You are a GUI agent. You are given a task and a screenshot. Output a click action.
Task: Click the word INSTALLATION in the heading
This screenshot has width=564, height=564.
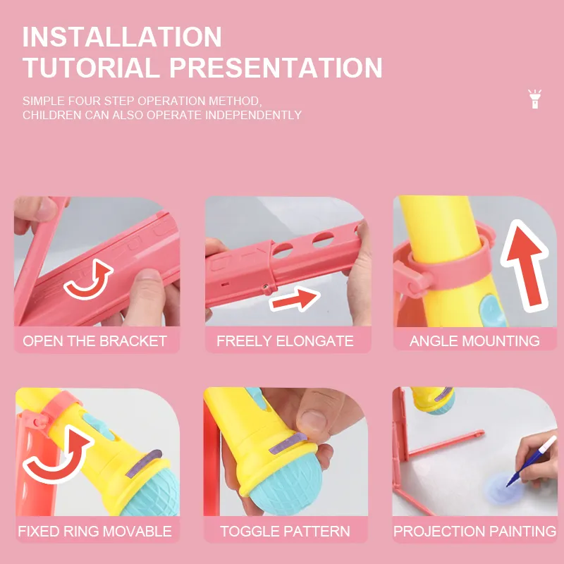coord(122,37)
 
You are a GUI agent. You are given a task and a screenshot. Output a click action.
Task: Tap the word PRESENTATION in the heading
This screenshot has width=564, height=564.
coord(276,68)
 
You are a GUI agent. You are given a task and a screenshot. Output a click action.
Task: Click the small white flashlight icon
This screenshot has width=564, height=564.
coord(534,99)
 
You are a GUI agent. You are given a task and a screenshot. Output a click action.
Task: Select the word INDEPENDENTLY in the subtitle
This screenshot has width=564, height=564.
coord(253,115)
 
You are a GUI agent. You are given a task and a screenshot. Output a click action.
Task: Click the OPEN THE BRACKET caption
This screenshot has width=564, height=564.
coord(95,341)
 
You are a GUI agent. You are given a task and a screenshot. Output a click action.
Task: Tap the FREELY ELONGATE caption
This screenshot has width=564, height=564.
coord(285,341)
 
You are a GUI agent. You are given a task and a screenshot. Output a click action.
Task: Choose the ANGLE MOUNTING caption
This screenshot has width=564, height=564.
coord(474,341)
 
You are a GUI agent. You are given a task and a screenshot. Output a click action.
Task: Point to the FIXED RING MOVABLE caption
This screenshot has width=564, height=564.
coord(95,532)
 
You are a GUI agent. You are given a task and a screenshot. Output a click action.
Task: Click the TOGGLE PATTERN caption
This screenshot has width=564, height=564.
coord(285,532)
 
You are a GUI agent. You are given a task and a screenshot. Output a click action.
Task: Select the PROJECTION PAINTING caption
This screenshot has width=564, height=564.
coord(474,532)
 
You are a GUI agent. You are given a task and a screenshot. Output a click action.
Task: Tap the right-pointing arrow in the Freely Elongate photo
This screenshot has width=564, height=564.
coord(295,299)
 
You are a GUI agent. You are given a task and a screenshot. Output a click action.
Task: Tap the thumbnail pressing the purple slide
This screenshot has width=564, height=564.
coord(314,422)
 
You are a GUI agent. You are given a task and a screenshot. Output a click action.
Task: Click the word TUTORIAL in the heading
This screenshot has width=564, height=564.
coord(92,68)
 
